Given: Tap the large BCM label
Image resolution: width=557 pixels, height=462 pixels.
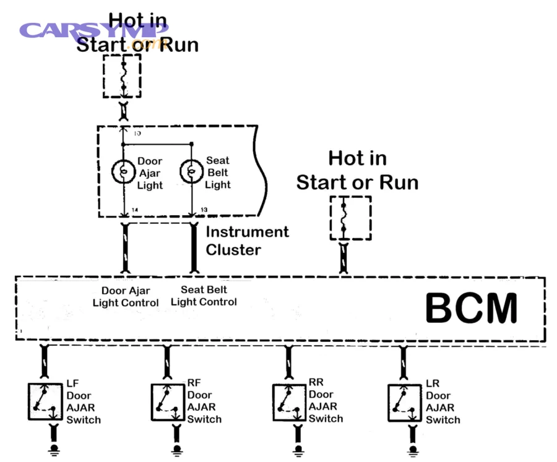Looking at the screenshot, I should coord(472,308).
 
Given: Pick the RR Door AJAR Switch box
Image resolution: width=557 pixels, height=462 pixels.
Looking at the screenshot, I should coord(290,402).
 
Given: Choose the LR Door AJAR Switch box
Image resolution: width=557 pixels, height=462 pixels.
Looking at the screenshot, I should coord(405,402).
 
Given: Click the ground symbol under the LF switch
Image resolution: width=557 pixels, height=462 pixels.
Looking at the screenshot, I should coord(54,448).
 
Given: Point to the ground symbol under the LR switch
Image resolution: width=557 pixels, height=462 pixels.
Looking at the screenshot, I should coord(412,448).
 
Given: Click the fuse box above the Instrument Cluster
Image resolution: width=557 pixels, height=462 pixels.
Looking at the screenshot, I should coord(122,75).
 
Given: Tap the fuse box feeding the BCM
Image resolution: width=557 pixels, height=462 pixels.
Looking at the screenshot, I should coord(350,218).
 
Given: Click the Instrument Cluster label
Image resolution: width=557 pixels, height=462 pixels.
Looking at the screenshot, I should coord(247,241).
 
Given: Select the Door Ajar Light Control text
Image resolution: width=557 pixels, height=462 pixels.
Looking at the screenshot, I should coord(126,296).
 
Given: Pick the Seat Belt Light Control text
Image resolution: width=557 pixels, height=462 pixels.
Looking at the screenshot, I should coord(204,296).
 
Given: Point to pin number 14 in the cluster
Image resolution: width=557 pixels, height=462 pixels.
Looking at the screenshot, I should coord(134,211).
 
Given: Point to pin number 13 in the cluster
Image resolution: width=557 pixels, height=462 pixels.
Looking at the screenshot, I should coord(203,211).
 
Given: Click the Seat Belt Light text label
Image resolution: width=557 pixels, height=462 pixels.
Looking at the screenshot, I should coord(218,173).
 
